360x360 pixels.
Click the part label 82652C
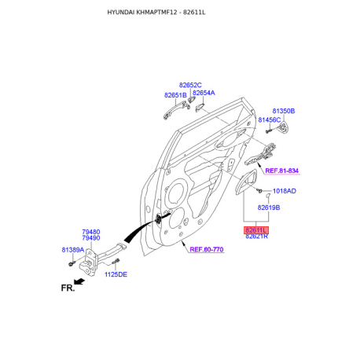coord(190,85)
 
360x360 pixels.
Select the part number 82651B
coord(175,95)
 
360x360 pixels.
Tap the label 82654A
coord(204,93)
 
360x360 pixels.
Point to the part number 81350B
coord(284,111)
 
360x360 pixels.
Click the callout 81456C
coord(270,120)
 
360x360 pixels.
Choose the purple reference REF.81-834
coord(282,171)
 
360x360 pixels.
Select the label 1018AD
coord(285,191)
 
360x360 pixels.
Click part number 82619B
coord(269,208)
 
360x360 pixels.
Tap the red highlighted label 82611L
coord(256,230)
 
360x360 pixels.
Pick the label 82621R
coord(256,237)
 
